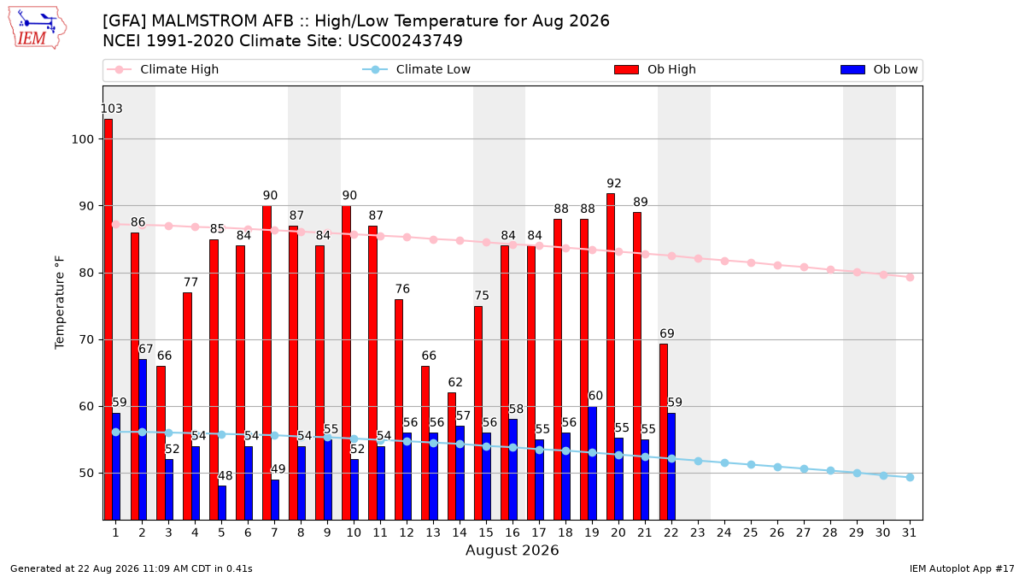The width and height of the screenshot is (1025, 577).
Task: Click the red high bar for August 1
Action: coord(108,319)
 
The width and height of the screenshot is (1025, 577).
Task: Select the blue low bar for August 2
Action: coord(143,439)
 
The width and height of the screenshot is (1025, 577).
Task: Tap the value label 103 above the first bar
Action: coord(112,109)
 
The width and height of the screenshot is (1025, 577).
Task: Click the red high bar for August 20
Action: coord(611,356)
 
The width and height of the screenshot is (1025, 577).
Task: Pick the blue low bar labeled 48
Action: coord(222,503)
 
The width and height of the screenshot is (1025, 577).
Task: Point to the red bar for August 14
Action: coord(452,456)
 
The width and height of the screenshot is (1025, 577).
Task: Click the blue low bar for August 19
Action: coord(592,463)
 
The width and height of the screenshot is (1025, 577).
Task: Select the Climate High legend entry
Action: coord(163,69)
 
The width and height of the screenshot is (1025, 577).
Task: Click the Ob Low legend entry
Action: coord(879,69)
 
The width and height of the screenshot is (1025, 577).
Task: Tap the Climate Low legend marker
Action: coord(375,69)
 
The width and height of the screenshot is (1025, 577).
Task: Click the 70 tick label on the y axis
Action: coord(86,340)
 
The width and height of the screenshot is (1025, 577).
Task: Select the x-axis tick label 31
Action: coord(909,533)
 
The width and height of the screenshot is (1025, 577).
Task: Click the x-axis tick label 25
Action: coord(751,533)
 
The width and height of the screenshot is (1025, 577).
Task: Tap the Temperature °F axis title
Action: coord(60,303)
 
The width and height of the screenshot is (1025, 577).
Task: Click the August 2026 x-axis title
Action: coord(512,550)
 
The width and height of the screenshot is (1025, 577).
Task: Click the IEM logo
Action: coord(37,28)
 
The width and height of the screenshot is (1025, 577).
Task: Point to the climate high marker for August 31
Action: coord(910,277)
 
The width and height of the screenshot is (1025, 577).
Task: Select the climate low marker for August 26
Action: coord(777,467)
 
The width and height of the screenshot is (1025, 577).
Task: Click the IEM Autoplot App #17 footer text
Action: coord(962,568)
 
